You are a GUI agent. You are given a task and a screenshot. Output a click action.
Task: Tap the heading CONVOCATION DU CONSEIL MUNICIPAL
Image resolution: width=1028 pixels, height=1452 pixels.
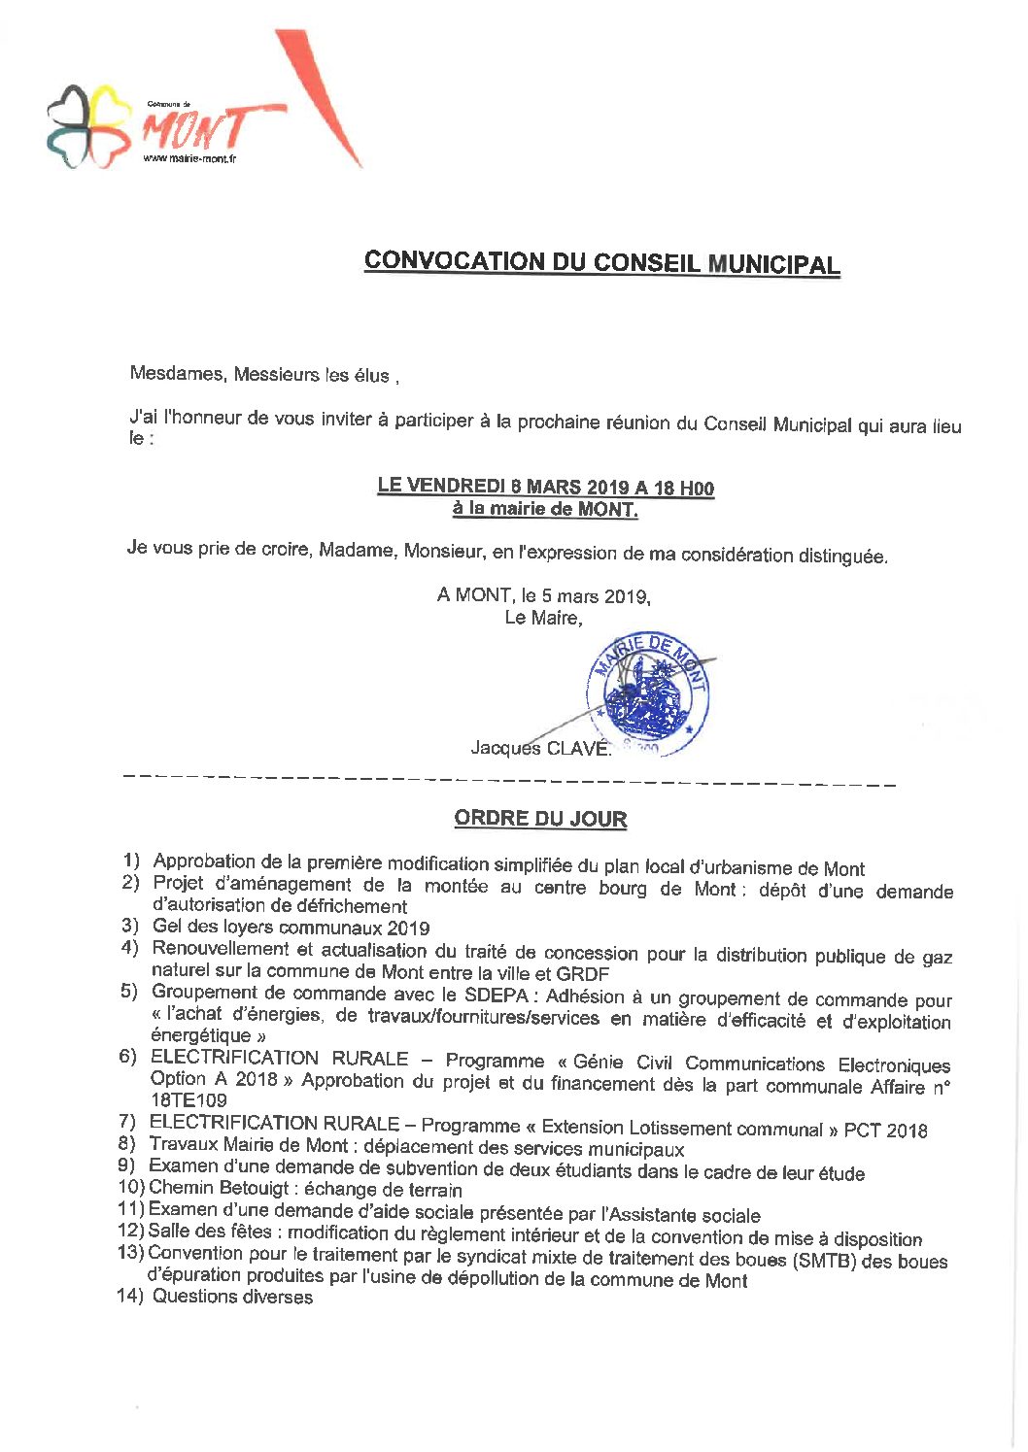pos(601,262)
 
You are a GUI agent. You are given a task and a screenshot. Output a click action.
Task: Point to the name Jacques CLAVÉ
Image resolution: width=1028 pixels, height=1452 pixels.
pos(540,748)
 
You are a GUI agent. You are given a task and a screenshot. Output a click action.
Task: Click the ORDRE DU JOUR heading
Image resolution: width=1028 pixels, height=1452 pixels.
pos(540,819)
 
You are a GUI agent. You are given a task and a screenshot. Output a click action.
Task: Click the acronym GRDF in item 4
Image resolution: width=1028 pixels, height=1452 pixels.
pos(583,973)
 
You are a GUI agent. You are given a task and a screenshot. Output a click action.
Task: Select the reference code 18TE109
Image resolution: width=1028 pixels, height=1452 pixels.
pos(188,1100)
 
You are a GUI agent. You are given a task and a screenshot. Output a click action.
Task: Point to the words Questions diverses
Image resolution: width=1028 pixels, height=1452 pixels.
pos(233,1297)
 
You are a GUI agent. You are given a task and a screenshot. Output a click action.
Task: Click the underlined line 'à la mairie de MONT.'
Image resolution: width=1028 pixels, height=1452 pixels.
pos(545,509)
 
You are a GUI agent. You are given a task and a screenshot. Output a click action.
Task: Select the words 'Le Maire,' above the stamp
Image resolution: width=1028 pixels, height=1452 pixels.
pos(543,618)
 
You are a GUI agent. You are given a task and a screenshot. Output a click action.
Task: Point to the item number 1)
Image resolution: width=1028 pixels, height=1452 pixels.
pos(131,861)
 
